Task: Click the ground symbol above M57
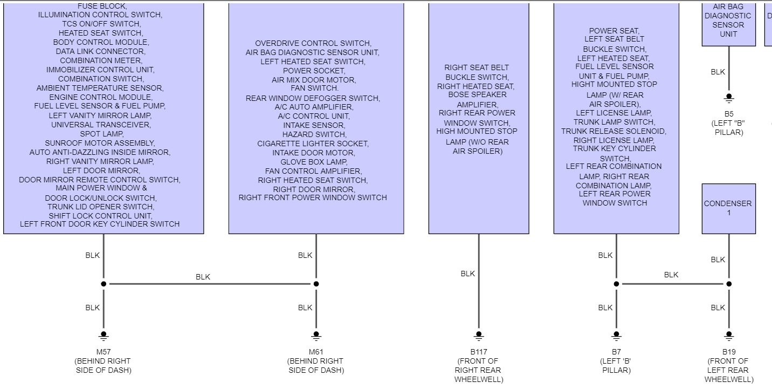tap(104, 336)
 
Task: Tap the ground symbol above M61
tap(316, 336)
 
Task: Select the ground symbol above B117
tap(479, 336)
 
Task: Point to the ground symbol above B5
tap(729, 99)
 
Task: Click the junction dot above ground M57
tap(104, 284)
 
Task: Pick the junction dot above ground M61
tap(316, 284)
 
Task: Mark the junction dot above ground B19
tap(729, 284)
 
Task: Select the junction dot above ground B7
tap(616, 284)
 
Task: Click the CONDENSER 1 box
tap(728, 208)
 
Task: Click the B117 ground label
tap(478, 352)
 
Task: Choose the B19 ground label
tap(729, 352)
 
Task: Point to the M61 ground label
tap(316, 352)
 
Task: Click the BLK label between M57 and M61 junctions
tap(203, 277)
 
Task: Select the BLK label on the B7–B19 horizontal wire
tap(671, 275)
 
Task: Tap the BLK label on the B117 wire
tap(468, 274)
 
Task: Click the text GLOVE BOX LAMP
tap(314, 162)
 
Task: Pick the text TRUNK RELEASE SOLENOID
tap(614, 131)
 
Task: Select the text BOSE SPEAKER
tap(478, 94)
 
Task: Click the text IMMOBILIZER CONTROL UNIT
tap(100, 70)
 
